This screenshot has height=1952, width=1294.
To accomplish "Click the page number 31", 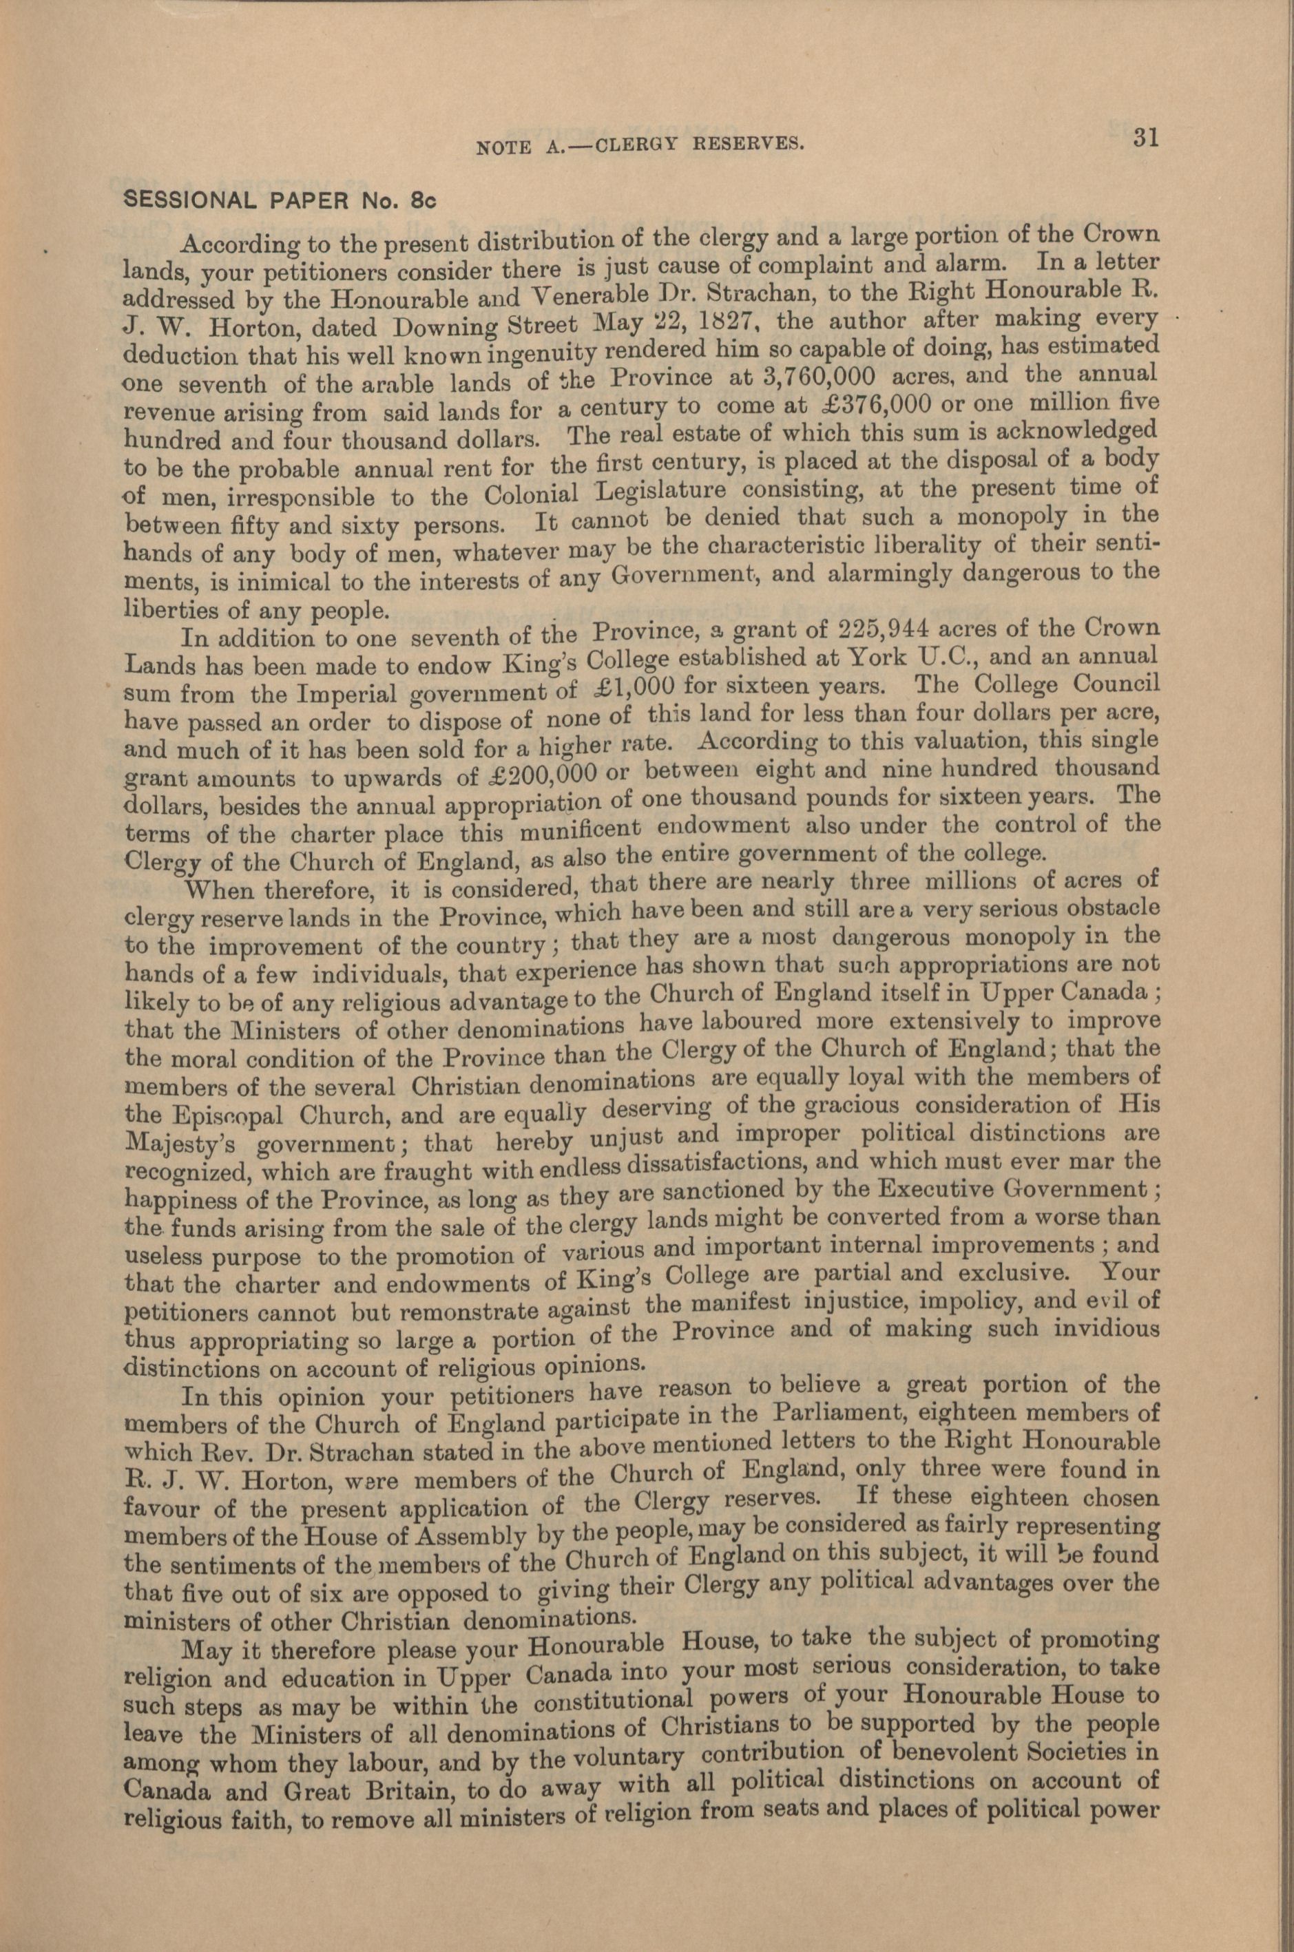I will point(1146,137).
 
